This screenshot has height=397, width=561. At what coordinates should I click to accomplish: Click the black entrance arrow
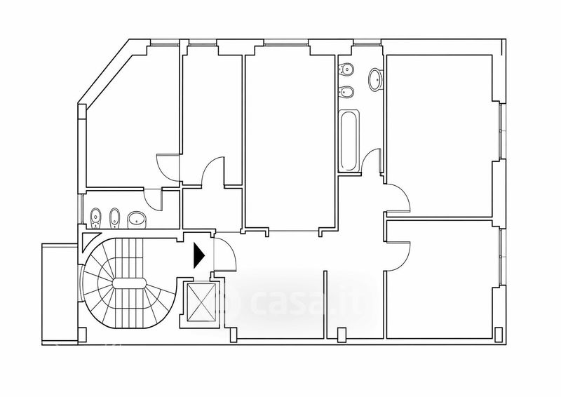198,255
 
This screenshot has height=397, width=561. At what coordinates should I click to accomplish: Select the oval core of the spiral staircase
129,283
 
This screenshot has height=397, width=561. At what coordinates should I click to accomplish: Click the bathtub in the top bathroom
349,141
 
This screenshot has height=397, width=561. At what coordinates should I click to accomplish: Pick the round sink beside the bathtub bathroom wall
376,79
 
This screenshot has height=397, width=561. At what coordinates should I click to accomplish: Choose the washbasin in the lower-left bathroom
136,220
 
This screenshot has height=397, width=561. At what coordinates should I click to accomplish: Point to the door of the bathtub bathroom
372,161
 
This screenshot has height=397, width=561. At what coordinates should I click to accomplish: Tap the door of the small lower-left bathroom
153,198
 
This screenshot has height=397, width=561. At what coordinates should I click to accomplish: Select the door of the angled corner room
168,168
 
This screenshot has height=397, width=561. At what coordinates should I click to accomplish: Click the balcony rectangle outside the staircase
60,295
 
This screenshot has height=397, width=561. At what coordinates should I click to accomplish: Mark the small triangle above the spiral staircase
90,240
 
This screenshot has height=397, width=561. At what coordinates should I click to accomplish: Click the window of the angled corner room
164,45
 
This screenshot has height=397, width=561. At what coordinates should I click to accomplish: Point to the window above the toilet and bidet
366,45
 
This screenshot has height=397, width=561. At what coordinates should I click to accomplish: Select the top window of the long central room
286,45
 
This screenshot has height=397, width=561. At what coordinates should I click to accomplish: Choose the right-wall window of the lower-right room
502,257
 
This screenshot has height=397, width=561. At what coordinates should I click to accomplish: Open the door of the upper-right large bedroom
397,197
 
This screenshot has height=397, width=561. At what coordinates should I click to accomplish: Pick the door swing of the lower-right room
397,256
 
